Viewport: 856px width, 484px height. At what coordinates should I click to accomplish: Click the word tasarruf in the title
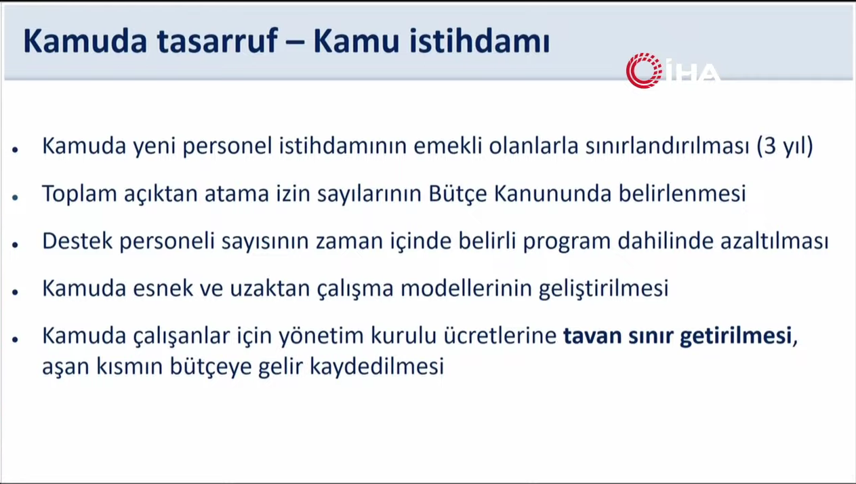click(217, 41)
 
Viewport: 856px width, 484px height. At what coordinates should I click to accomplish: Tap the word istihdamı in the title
click(480, 41)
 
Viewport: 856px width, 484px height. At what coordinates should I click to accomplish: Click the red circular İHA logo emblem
click(644, 70)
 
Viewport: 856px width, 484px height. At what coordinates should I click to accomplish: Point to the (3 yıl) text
click(785, 146)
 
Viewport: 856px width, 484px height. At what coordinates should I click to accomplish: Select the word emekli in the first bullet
click(447, 146)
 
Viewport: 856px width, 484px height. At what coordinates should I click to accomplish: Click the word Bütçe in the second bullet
click(457, 193)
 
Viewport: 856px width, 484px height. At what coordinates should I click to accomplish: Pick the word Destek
click(77, 241)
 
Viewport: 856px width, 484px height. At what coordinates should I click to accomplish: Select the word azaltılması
click(775, 241)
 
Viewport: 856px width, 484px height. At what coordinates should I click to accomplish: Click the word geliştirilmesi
click(604, 289)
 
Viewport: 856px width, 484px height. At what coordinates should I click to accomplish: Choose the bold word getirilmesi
click(735, 336)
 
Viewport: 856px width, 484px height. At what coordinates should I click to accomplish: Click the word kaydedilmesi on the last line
click(377, 366)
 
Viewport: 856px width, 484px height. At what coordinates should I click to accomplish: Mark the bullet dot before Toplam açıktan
click(16, 197)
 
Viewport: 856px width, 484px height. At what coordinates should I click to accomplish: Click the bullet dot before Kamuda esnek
click(16, 292)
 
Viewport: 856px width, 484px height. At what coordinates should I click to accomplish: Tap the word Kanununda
click(553, 193)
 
